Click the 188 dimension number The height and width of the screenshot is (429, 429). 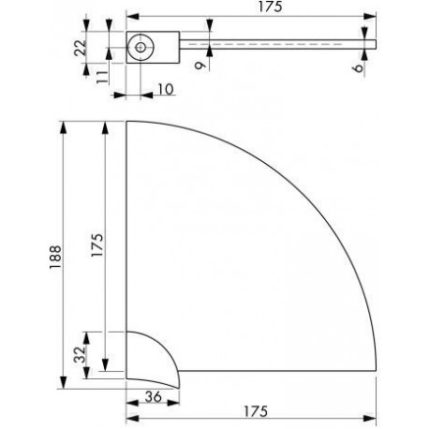[55, 257]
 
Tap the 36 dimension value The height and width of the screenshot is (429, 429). [154, 397]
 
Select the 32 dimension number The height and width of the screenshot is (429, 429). [80, 355]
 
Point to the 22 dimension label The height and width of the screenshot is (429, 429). [80, 48]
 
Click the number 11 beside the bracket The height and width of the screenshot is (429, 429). [102, 77]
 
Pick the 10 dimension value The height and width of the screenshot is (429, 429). [166, 90]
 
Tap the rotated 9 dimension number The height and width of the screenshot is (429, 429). [200, 65]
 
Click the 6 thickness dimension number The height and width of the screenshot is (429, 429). [359, 67]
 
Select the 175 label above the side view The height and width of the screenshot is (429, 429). [270, 7]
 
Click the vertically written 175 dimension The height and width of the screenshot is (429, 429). [97, 245]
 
